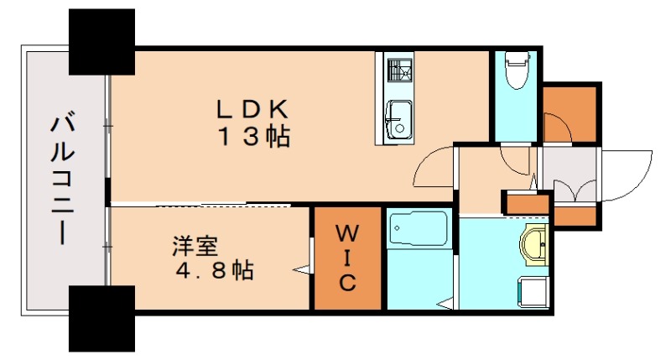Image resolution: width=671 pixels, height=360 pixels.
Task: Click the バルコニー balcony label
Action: coord(59,180)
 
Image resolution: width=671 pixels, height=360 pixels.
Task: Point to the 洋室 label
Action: coord(195,247)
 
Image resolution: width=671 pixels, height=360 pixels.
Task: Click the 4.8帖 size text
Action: coord(214,271)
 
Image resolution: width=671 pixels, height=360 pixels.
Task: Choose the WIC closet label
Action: coord(348,256)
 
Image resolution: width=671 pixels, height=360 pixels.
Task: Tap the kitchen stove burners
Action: coord(398,70)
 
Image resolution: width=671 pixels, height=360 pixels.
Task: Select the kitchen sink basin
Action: coord(398,117)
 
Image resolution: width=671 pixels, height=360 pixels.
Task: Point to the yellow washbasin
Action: coord(535,245)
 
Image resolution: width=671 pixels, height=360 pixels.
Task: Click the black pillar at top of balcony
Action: coord(101,41)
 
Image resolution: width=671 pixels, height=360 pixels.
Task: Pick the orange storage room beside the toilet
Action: coord(570,114)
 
